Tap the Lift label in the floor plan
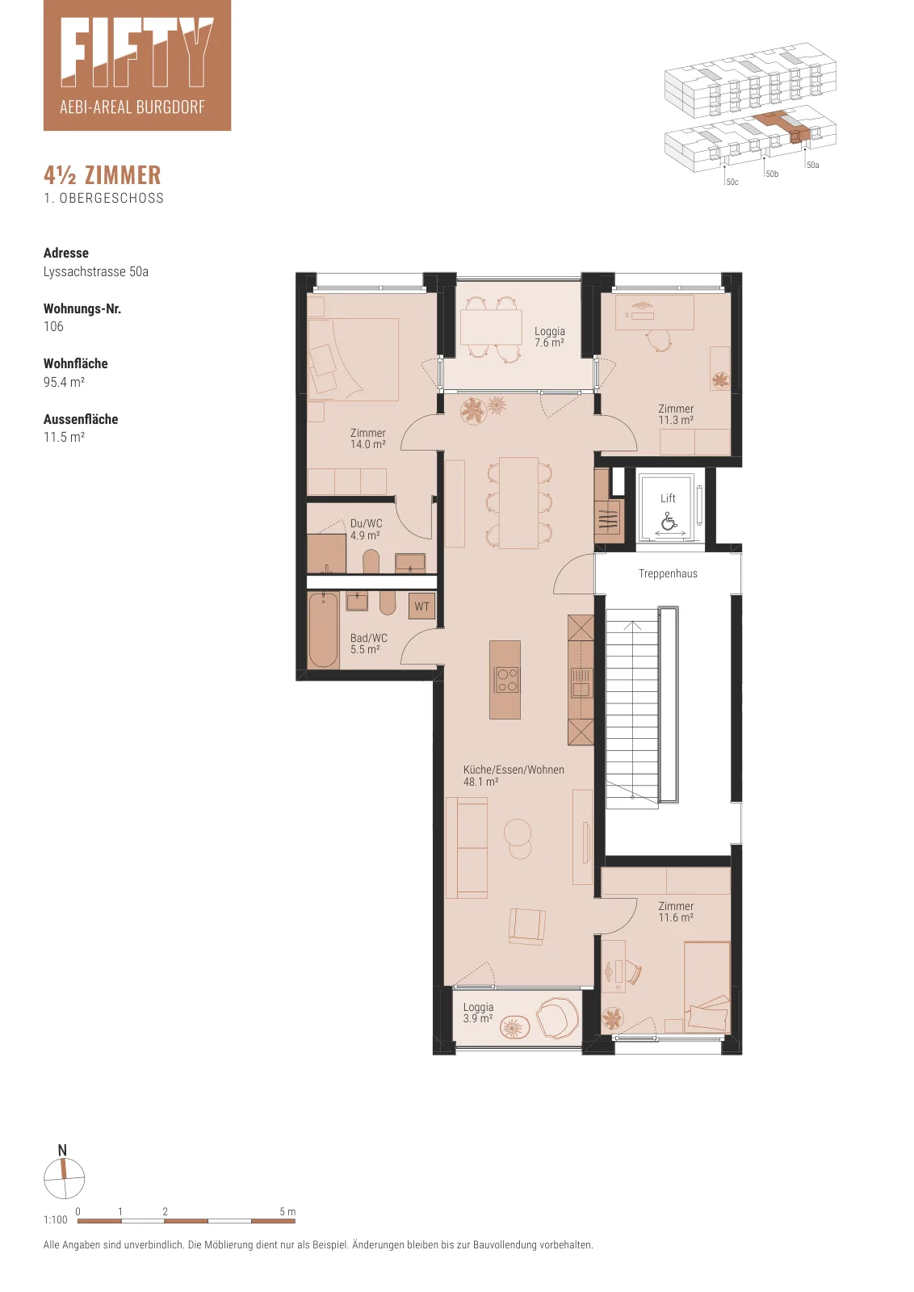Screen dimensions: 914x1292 [x=668, y=498]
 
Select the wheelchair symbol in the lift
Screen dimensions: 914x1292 [x=669, y=522]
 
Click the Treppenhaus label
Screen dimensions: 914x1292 [x=668, y=574]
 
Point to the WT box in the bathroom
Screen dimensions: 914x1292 [x=421, y=606]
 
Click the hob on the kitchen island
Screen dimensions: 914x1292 [x=507, y=679]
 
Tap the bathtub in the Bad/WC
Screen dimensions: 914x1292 [x=323, y=630]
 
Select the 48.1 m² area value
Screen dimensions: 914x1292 [x=480, y=782]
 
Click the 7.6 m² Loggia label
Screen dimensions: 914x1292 [x=549, y=337]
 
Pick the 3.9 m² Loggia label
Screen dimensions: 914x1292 [x=478, y=1013]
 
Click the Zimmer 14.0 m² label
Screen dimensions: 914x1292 [x=368, y=438]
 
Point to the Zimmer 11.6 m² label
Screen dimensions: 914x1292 [x=676, y=912]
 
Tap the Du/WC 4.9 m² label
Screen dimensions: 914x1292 [x=367, y=530]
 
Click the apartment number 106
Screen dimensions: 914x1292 [x=53, y=326]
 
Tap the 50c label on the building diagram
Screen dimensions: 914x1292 [x=732, y=182]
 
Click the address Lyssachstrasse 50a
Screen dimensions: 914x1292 [x=96, y=271]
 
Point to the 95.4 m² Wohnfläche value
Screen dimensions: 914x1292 [x=64, y=382]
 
